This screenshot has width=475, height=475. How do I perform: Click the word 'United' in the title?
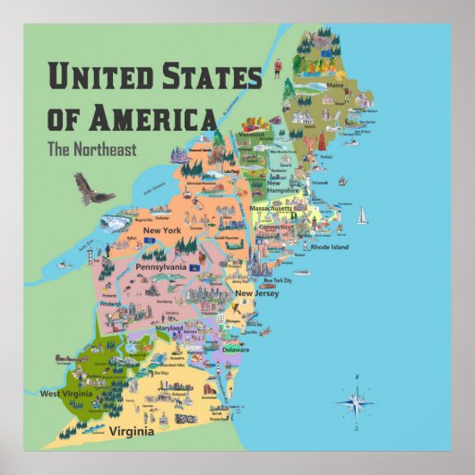(98, 77)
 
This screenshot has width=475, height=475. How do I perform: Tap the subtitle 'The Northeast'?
(92, 150)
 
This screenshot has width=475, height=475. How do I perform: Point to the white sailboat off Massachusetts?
(362, 216)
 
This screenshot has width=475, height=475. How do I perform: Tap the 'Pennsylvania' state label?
(160, 267)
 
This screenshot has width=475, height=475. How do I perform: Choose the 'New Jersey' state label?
(257, 293)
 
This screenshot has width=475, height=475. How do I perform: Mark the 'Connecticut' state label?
(277, 228)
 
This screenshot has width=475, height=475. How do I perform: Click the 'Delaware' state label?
(236, 350)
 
